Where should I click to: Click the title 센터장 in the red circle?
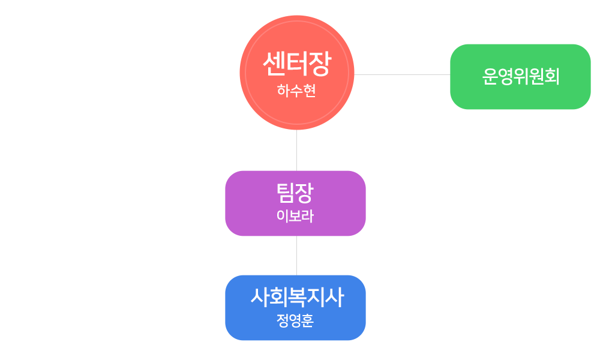click(x=297, y=64)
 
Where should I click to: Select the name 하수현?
click(x=296, y=91)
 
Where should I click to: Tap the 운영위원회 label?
click(x=521, y=77)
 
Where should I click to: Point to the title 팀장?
click(x=295, y=193)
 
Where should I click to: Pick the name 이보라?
click(x=295, y=216)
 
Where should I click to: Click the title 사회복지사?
click(x=297, y=297)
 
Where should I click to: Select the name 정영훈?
click(x=295, y=320)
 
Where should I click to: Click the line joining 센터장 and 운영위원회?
click(x=402, y=74)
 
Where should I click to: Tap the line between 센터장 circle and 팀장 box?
click(x=296, y=150)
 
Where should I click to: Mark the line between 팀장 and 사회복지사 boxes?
click(x=296, y=256)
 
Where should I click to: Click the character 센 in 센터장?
click(x=274, y=64)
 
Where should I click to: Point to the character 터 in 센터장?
click(x=298, y=64)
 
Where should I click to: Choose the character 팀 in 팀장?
click(x=286, y=193)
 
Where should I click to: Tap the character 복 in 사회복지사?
click(x=297, y=298)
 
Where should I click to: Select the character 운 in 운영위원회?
click(x=490, y=77)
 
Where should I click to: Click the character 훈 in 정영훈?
click(x=308, y=321)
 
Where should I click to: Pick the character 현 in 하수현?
click(x=310, y=91)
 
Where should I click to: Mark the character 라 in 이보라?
click(x=308, y=216)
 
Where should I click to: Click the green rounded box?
click(x=520, y=77)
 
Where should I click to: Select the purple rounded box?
click(x=295, y=203)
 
